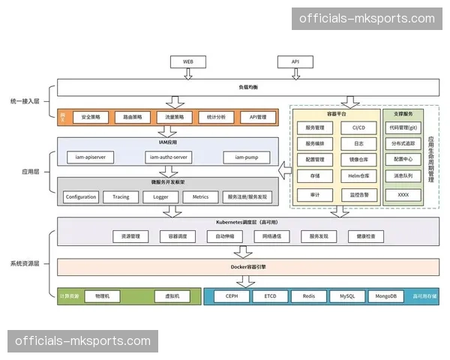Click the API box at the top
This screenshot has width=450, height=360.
pos(295,61)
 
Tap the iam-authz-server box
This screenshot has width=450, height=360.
pos(168,157)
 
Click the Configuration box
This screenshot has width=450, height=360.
pos(80,197)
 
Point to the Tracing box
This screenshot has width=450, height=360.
pos(120,197)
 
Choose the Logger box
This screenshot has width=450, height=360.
pos(160,197)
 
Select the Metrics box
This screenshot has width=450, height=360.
pos(200,197)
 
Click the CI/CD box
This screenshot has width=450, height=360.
pos(358,127)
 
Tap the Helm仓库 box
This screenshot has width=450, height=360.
pos(358,176)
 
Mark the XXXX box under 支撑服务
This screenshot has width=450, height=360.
pos(403,193)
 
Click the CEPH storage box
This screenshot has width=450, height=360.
pos(232,296)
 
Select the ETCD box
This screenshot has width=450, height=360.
pos(270,296)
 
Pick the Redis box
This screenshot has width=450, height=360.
pos(308,296)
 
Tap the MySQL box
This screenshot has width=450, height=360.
pos(346,296)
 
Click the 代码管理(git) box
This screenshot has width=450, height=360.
pos(403,127)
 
